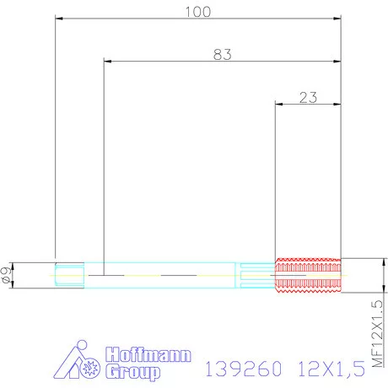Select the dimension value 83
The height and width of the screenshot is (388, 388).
point(222,54)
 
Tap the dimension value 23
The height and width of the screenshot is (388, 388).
point(308,97)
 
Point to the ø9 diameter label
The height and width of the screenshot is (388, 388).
point(8,275)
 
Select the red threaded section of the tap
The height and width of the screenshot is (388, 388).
point(308,275)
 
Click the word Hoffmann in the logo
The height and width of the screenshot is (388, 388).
point(148,355)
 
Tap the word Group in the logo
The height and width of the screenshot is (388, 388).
point(134,370)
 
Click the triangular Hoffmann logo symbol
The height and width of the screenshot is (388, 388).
point(81,362)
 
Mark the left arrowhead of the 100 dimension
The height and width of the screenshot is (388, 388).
point(59,18)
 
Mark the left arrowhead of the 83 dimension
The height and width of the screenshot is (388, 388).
point(106,61)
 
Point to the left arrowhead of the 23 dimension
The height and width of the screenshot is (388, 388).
point(280,104)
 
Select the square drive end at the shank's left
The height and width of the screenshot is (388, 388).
point(68,275)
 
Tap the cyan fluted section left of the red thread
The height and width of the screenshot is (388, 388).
point(257,275)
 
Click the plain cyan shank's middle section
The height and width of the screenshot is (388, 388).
point(160,275)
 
